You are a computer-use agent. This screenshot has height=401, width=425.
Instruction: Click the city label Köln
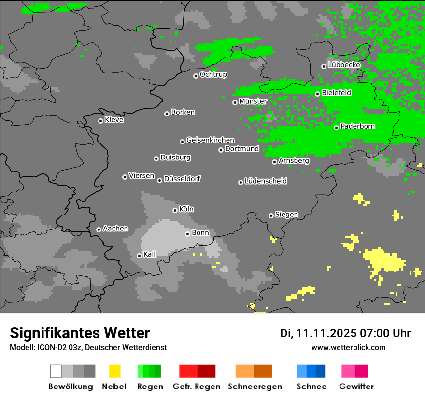186,209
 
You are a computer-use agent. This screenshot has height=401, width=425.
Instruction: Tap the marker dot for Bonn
187,234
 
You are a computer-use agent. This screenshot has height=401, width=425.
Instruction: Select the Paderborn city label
357,127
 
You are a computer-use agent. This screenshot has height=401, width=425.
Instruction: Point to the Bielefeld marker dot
317,94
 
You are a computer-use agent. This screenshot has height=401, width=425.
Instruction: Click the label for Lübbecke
344,65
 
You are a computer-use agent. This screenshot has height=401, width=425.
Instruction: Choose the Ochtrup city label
213,75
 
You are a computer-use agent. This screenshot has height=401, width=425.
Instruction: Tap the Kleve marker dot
100,121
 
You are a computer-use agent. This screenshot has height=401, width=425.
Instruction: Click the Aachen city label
115,229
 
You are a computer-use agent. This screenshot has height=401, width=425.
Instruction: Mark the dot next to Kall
139,256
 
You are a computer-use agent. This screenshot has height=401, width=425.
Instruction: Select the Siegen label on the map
286,215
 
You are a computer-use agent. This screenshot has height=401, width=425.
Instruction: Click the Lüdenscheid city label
266,181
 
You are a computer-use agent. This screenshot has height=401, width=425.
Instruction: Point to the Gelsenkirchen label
210,141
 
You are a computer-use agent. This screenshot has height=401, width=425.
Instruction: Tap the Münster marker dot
235,102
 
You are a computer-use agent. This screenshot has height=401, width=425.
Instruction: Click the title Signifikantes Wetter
80,333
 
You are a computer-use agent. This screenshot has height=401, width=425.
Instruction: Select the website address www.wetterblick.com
348,348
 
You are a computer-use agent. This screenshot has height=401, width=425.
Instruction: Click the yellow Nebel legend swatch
114,371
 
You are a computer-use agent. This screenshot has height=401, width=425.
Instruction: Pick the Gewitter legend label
356,387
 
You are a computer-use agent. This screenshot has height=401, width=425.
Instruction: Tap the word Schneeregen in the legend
254,387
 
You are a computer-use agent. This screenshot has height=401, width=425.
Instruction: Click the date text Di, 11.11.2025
319,333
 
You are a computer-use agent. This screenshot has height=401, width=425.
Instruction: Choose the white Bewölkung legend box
56,371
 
